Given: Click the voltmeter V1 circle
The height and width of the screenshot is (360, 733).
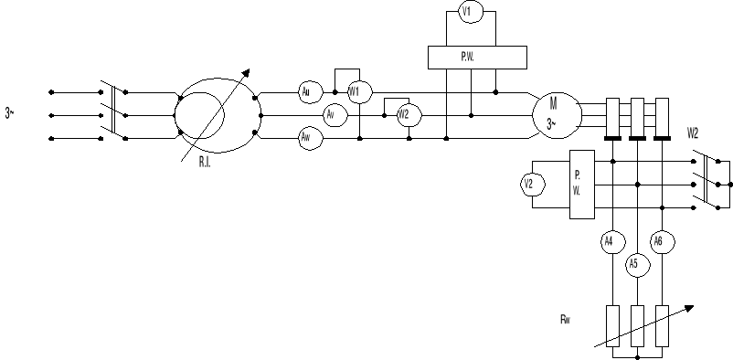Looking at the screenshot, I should (467, 12).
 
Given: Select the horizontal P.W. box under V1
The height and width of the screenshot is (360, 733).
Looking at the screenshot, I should (478, 57).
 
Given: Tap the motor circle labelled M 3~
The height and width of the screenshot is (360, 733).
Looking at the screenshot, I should (556, 114).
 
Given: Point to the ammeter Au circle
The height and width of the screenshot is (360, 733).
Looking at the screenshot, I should (308, 91).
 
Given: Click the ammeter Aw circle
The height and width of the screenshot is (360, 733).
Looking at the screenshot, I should (308, 138).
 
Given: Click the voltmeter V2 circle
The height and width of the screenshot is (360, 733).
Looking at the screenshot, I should (529, 185).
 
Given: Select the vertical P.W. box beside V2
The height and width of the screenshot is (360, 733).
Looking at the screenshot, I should (581, 183).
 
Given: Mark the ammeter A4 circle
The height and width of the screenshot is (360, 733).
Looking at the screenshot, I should (611, 242).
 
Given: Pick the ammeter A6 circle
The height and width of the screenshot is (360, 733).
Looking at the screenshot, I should (658, 241).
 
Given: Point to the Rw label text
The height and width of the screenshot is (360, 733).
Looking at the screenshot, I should (566, 320).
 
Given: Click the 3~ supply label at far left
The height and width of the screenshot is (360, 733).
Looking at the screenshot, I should (10, 113).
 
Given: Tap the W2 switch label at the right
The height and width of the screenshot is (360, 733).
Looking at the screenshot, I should (694, 133).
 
